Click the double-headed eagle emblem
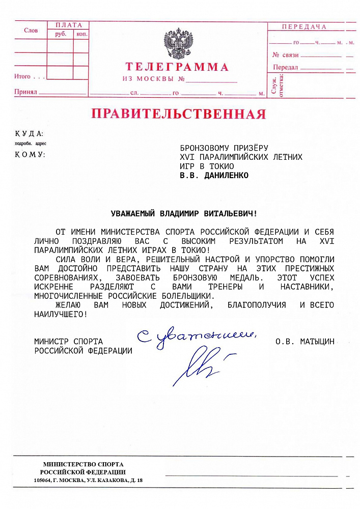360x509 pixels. pyautogui.click(x=178, y=44)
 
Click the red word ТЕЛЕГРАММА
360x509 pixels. pyautogui.click(x=177, y=67)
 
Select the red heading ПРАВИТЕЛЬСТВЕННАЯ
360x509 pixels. pyautogui.click(x=178, y=114)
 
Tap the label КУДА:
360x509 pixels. pyautogui.click(x=29, y=134)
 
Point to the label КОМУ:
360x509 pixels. pyautogui.click(x=30, y=154)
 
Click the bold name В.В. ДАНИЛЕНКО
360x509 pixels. pyautogui.click(x=214, y=176)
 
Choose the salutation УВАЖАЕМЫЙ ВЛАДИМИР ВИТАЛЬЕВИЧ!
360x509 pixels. pyautogui.click(x=184, y=214)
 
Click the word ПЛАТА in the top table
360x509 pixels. pyautogui.click(x=68, y=25)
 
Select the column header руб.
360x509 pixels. pyautogui.click(x=60, y=34)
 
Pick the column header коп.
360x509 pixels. pyautogui.click(x=81, y=34)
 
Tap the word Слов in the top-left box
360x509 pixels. pyautogui.click(x=31, y=31)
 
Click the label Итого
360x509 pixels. pyautogui.click(x=23, y=76)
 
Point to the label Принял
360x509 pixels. pyautogui.click(x=25, y=93)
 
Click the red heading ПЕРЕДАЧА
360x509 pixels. pyautogui.click(x=303, y=26)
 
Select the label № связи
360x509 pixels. pyautogui.click(x=285, y=55)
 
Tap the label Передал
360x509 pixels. pyautogui.click(x=285, y=68)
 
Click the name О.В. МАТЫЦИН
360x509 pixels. pyautogui.click(x=304, y=342)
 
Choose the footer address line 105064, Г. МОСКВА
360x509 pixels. pyautogui.click(x=88, y=480)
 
